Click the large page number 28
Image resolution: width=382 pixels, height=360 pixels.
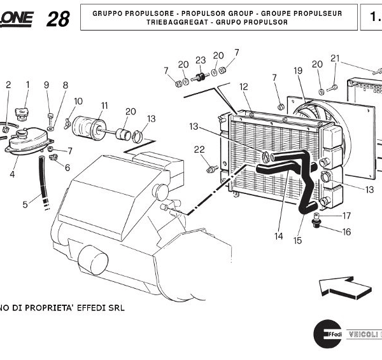coord(58,19)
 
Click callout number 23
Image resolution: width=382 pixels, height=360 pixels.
coord(201,60)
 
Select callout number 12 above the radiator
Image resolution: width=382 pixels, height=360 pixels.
coord(244,87)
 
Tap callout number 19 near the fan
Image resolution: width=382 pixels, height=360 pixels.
coord(298,71)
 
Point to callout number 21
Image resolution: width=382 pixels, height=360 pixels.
coord(336,59)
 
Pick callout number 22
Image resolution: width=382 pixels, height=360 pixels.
coord(199,149)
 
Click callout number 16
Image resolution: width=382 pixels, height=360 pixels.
coord(346,232)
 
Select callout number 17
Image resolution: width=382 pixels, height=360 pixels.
coord(346,216)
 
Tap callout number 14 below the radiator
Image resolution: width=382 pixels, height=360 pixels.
coord(278,237)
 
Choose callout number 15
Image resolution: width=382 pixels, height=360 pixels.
coord(297,240)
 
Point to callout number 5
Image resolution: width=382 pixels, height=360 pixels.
coord(25,205)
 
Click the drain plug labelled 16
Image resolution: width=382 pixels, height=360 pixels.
coord(316,223)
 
